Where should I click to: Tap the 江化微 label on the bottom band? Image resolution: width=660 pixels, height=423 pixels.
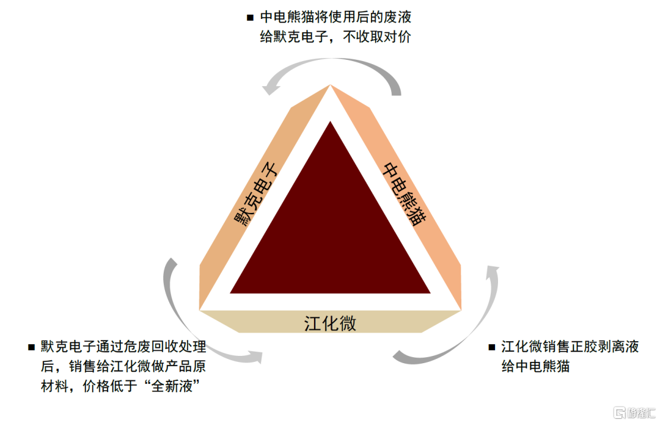pyautogui.click(x=331, y=324)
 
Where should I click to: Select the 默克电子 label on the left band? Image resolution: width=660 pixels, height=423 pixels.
pyautogui.click(x=256, y=195)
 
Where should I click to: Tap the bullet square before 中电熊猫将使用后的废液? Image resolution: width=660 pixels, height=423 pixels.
pyautogui.click(x=250, y=18)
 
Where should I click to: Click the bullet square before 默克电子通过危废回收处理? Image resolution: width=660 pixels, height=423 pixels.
pyautogui.click(x=31, y=347)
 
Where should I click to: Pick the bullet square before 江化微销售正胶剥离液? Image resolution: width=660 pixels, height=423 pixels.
pyautogui.click(x=491, y=347)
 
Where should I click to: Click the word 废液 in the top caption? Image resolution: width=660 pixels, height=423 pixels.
pyautogui.click(x=398, y=17)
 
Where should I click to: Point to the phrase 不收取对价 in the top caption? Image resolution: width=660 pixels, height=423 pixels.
pyautogui.click(x=377, y=37)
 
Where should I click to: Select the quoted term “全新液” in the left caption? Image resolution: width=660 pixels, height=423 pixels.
pyautogui.click(x=172, y=386)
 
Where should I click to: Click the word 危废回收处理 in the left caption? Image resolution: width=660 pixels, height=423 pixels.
pyautogui.click(x=165, y=347)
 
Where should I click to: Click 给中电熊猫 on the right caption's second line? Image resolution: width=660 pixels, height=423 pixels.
pyautogui.click(x=535, y=366)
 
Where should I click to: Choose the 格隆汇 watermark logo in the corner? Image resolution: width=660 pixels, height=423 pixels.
pyautogui.click(x=635, y=413)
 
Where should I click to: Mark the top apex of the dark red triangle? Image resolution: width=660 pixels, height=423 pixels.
pyautogui.click(x=331, y=121)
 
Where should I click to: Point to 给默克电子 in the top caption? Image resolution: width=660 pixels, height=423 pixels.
pyautogui.click(x=294, y=37)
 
